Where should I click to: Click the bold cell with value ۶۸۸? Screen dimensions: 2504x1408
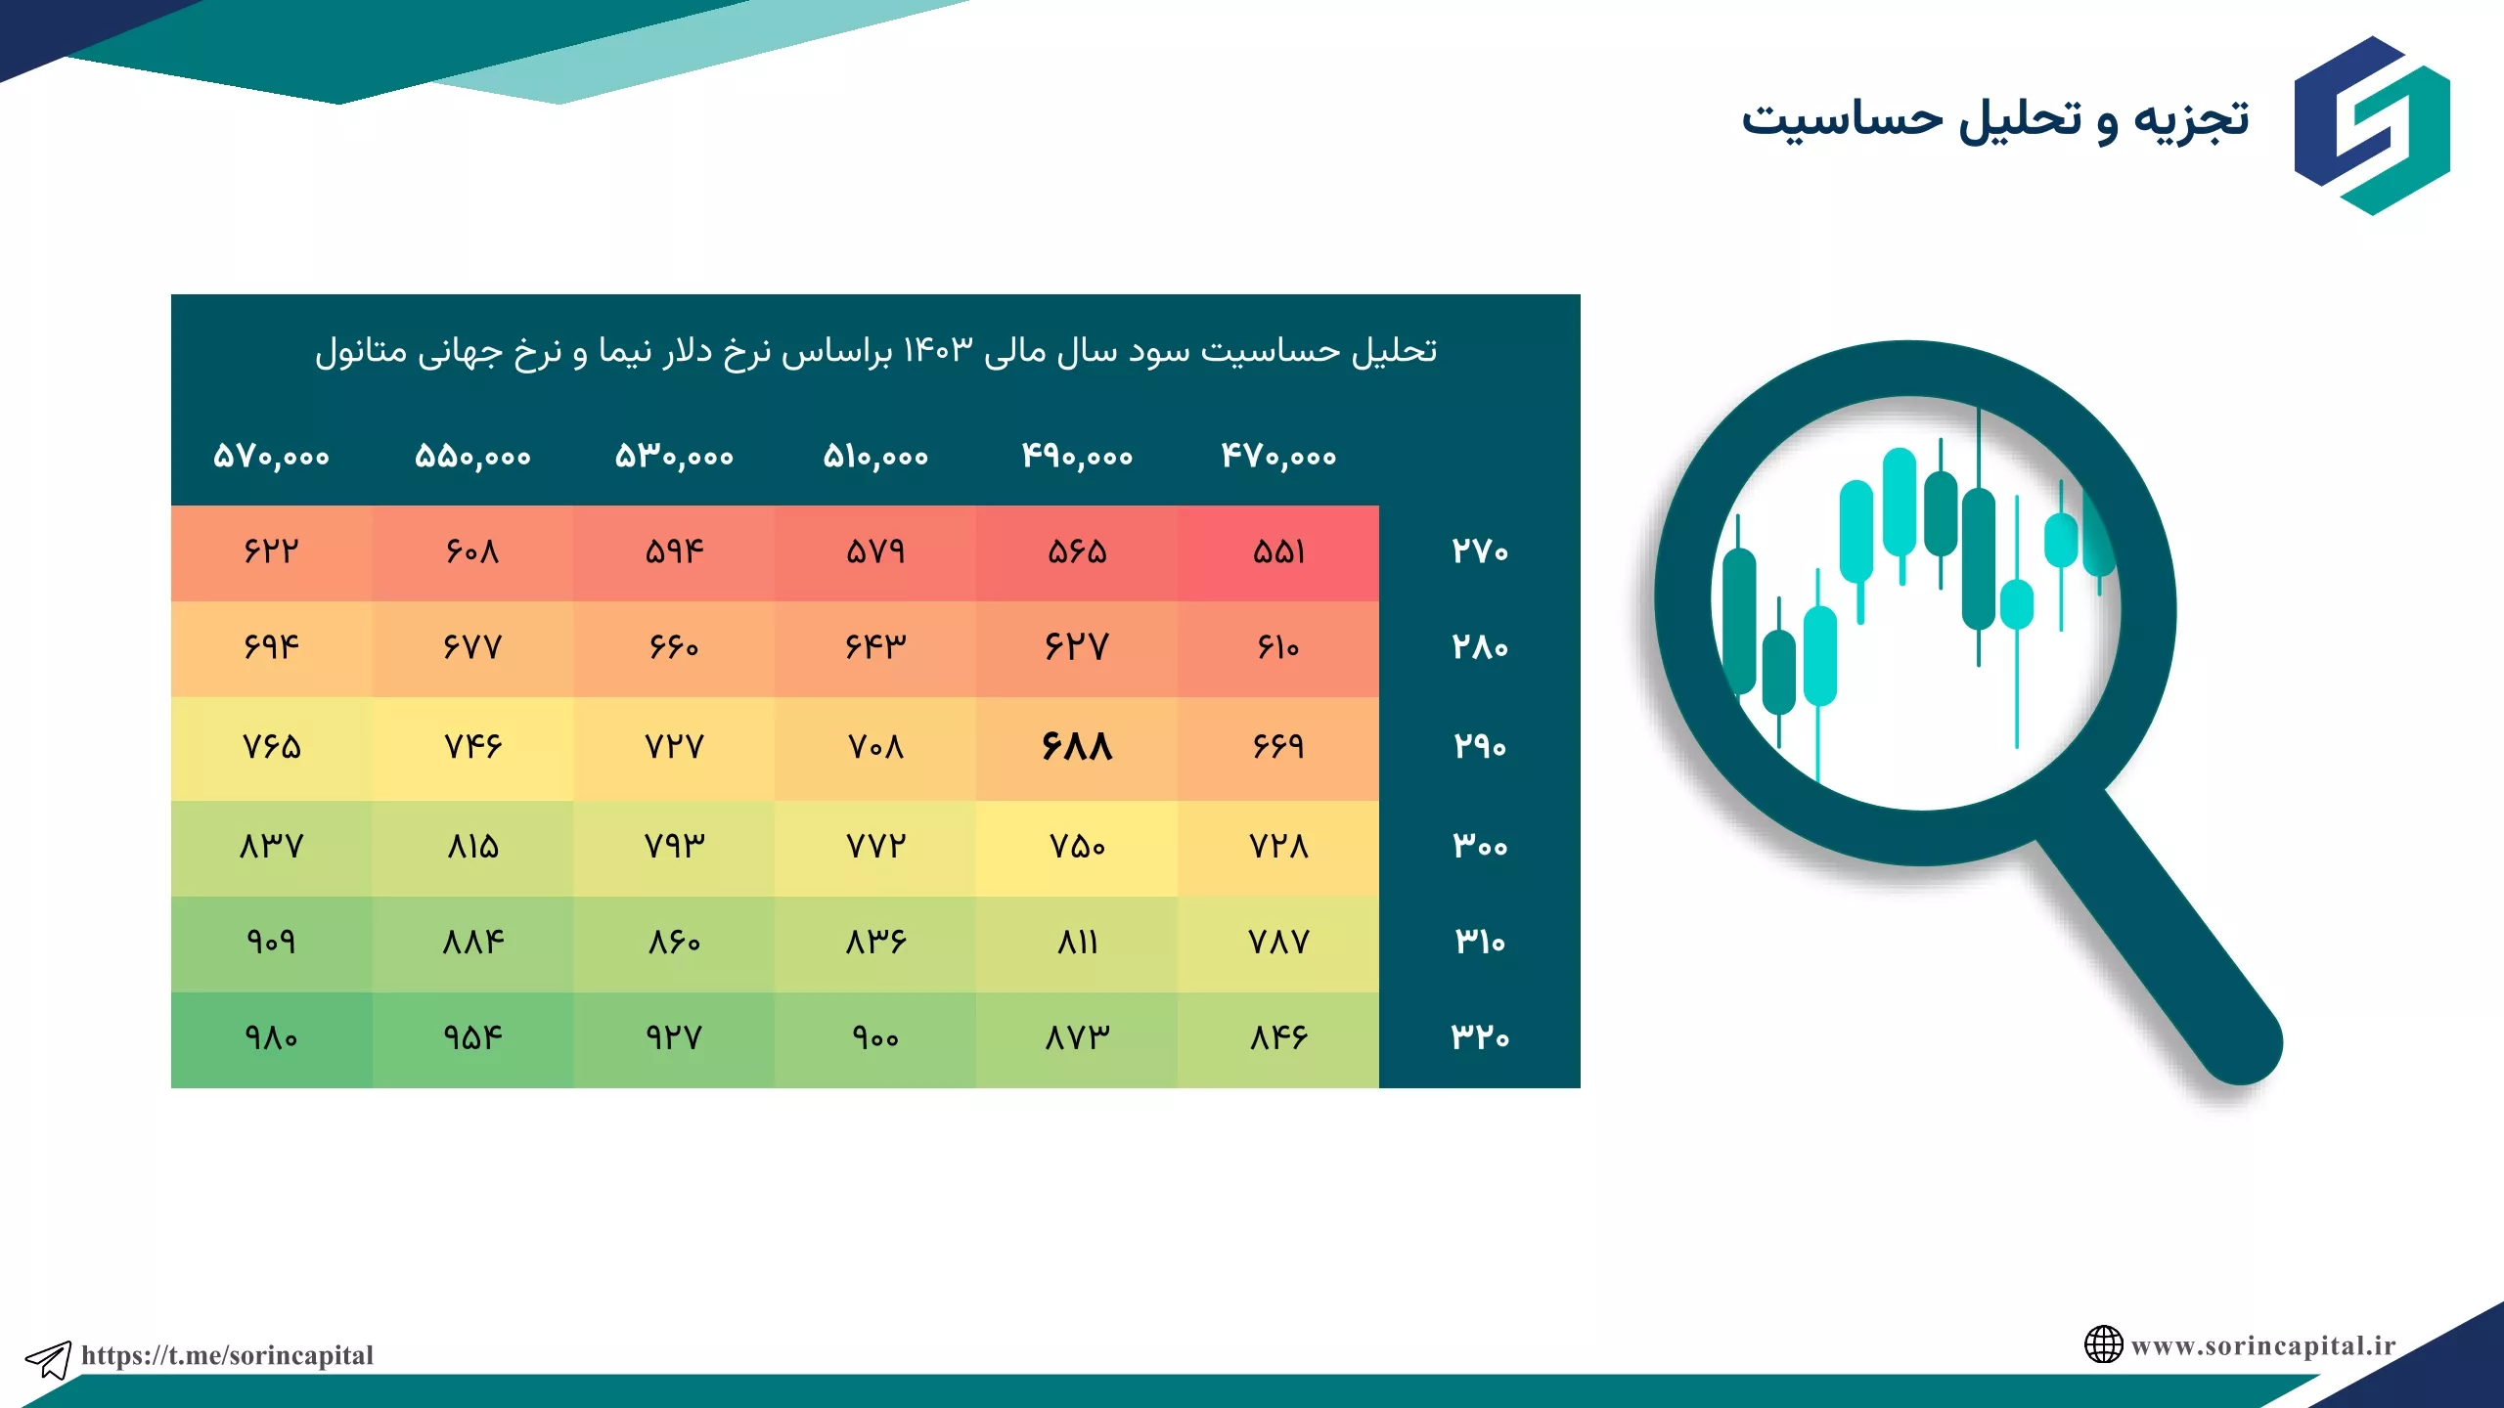pyautogui.click(x=1077, y=747)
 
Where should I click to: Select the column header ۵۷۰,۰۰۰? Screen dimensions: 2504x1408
pyautogui.click(x=271, y=456)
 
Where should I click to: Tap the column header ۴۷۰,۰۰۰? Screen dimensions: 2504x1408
pyautogui.click(x=1278, y=456)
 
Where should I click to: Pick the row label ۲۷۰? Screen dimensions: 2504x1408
pyautogui.click(x=1480, y=551)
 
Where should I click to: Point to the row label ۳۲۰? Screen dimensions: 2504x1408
pyautogui.click(x=1480, y=1036)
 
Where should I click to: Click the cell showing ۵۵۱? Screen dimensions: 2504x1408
pyautogui.click(x=1278, y=552)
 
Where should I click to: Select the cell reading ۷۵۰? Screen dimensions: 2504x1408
pyautogui.click(x=1077, y=846)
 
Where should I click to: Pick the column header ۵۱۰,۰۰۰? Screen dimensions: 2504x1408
pyautogui.click(x=875, y=456)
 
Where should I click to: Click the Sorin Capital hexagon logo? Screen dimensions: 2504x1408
pyautogui.click(x=2372, y=125)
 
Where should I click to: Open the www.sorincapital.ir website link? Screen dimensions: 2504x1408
pyautogui.click(x=2263, y=1346)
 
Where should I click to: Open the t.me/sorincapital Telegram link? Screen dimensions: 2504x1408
pyautogui.click(x=227, y=1355)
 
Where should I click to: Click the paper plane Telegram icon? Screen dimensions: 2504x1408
pyautogui.click(x=48, y=1359)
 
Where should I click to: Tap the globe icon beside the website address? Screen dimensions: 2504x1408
pyautogui.click(x=2103, y=1344)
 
